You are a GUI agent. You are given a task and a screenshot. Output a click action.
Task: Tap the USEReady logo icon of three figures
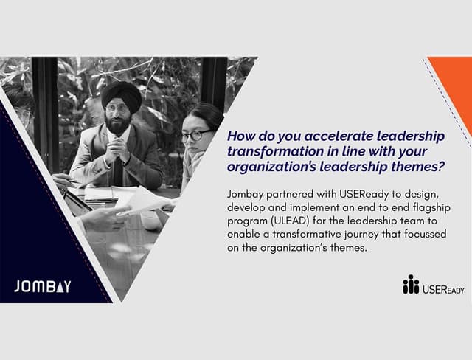point(411,285)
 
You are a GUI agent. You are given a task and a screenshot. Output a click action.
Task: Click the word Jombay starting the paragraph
point(247,194)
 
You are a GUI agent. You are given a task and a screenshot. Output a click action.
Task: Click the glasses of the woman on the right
point(195,135)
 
